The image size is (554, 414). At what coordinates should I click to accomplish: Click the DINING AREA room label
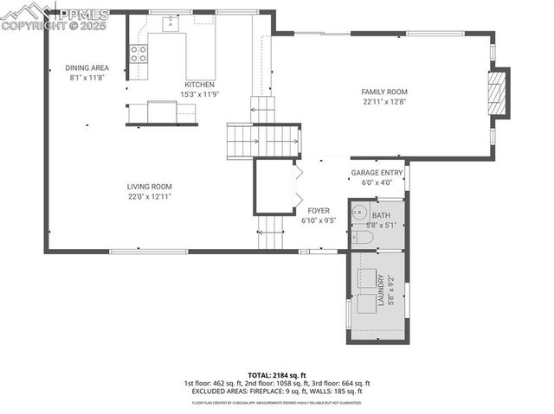87,67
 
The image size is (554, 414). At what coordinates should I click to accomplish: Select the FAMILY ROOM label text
383,92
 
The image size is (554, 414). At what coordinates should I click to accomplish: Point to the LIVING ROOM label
150,187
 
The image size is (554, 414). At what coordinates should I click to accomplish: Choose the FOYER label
318,211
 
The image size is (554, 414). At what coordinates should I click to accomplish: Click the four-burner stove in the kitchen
138,54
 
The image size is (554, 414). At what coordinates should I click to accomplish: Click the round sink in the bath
360,213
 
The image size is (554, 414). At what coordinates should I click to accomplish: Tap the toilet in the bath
362,236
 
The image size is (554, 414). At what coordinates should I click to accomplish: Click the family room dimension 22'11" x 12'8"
383,101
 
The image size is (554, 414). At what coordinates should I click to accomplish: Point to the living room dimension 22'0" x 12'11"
150,196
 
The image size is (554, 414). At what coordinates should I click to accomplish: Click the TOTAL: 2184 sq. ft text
276,375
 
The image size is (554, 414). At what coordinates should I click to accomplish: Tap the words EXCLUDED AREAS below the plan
220,392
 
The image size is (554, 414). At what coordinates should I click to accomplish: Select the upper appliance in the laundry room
368,278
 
